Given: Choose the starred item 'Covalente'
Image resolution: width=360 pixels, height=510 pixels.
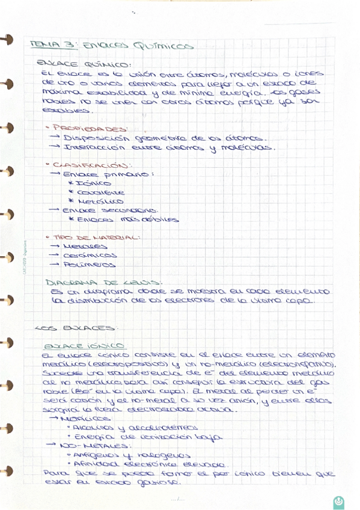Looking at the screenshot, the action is (96, 192).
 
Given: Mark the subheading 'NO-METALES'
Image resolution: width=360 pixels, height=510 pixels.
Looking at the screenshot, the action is (90, 446).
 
